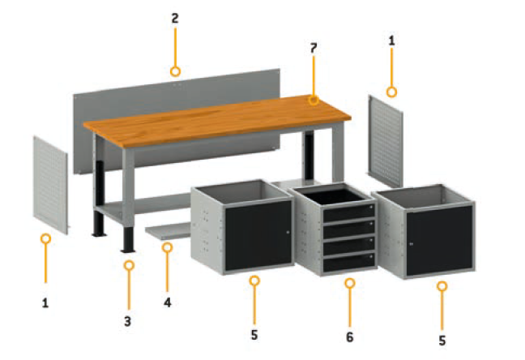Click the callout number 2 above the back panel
point(175,19)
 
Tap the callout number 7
point(313,49)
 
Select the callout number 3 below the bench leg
point(127,321)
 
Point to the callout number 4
point(168,302)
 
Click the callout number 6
point(349,337)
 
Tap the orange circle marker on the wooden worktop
point(314,100)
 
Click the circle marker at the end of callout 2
point(175,71)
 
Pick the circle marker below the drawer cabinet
point(350,283)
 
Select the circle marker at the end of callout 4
point(167,247)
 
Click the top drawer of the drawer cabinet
point(348,212)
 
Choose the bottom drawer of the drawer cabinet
point(348,262)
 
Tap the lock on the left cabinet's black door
point(288,232)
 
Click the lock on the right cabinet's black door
point(411,244)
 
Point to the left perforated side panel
point(50,185)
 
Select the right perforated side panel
point(386,141)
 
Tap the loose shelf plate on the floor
point(169,230)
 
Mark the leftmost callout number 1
point(45,303)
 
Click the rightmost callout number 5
point(442,341)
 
